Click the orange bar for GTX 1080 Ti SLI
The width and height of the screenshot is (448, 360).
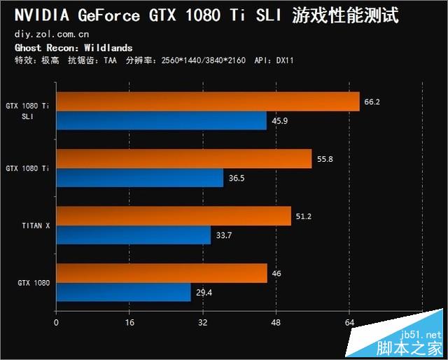pyautogui.click(x=207, y=102)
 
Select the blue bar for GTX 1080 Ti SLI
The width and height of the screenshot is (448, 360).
pyautogui.click(x=161, y=121)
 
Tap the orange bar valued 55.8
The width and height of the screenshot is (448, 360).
pyautogui.click(x=183, y=159)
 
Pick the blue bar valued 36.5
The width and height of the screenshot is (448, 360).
pyautogui.click(x=139, y=178)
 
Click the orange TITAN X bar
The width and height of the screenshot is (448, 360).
pyautogui.click(x=173, y=216)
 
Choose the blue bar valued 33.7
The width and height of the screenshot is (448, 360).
pyautogui.click(x=133, y=235)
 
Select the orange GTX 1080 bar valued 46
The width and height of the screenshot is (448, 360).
pyautogui.click(x=161, y=273)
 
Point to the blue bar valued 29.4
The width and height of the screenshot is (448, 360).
pyautogui.click(x=123, y=292)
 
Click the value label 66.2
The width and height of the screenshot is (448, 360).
pyautogui.click(x=372, y=102)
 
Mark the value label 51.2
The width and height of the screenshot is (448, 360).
pyautogui.click(x=304, y=216)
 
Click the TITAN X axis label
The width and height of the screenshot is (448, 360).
pyautogui.click(x=36, y=226)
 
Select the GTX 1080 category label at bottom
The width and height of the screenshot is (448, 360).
pyautogui.click(x=33, y=282)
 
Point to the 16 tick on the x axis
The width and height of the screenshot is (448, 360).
pyautogui.click(x=129, y=323)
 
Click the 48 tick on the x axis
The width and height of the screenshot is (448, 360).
pyautogui.click(x=276, y=323)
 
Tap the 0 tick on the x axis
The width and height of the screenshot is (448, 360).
pyautogui.click(x=56, y=323)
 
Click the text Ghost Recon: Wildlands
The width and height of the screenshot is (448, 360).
pyautogui.click(x=73, y=48)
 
